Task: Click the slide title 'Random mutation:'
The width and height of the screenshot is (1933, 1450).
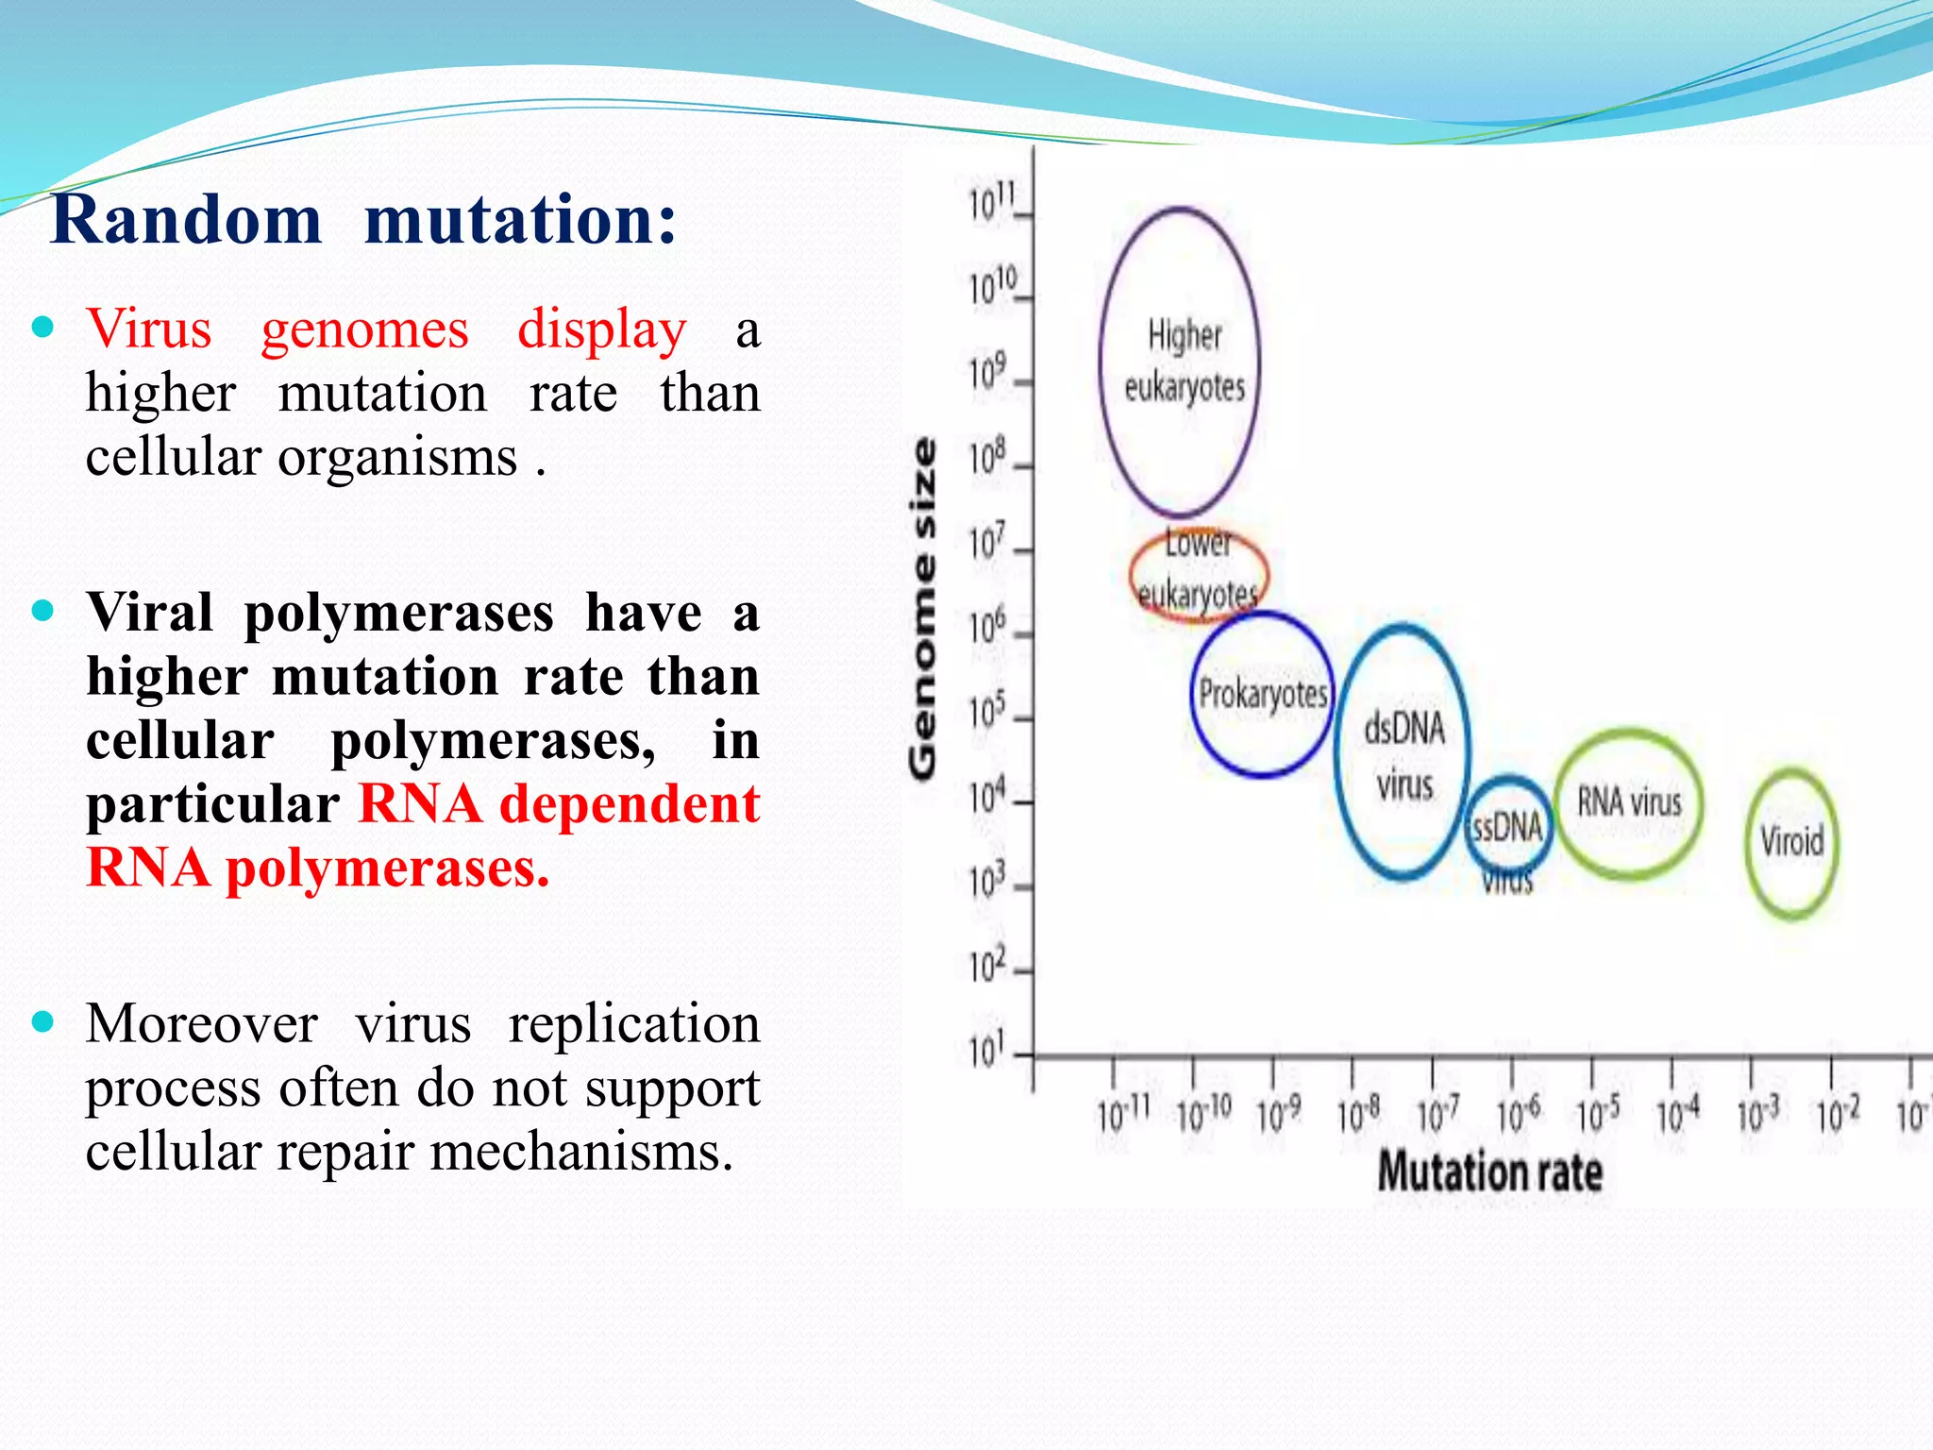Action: coord(363,219)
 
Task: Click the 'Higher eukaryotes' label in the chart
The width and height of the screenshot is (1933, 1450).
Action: coord(1184,361)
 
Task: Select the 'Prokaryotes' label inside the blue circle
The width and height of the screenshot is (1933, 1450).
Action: coord(1262,695)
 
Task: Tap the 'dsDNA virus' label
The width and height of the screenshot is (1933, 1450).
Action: coord(1404,755)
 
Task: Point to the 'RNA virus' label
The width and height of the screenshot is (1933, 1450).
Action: coord(1629,802)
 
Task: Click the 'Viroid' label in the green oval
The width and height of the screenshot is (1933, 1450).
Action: coord(1791,840)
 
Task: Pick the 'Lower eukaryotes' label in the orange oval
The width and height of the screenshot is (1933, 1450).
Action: coord(1197,569)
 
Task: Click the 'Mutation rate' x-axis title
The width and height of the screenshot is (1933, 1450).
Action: coord(1489,1172)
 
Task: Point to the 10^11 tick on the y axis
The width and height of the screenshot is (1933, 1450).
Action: coord(992,202)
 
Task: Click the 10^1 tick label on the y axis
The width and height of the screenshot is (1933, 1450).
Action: coord(987,1048)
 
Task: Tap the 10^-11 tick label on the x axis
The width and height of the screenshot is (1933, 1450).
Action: coord(1122,1115)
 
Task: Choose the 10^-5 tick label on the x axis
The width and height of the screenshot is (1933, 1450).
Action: coord(1598,1115)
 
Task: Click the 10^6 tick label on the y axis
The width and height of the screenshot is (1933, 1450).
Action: coord(987,626)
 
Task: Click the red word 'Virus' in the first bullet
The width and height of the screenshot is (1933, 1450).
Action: coord(149,329)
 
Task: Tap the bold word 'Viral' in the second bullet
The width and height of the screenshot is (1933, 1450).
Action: coord(149,613)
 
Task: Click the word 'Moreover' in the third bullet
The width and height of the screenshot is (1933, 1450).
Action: coord(201,1023)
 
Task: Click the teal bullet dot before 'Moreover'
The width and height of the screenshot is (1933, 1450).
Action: coord(43,1021)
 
